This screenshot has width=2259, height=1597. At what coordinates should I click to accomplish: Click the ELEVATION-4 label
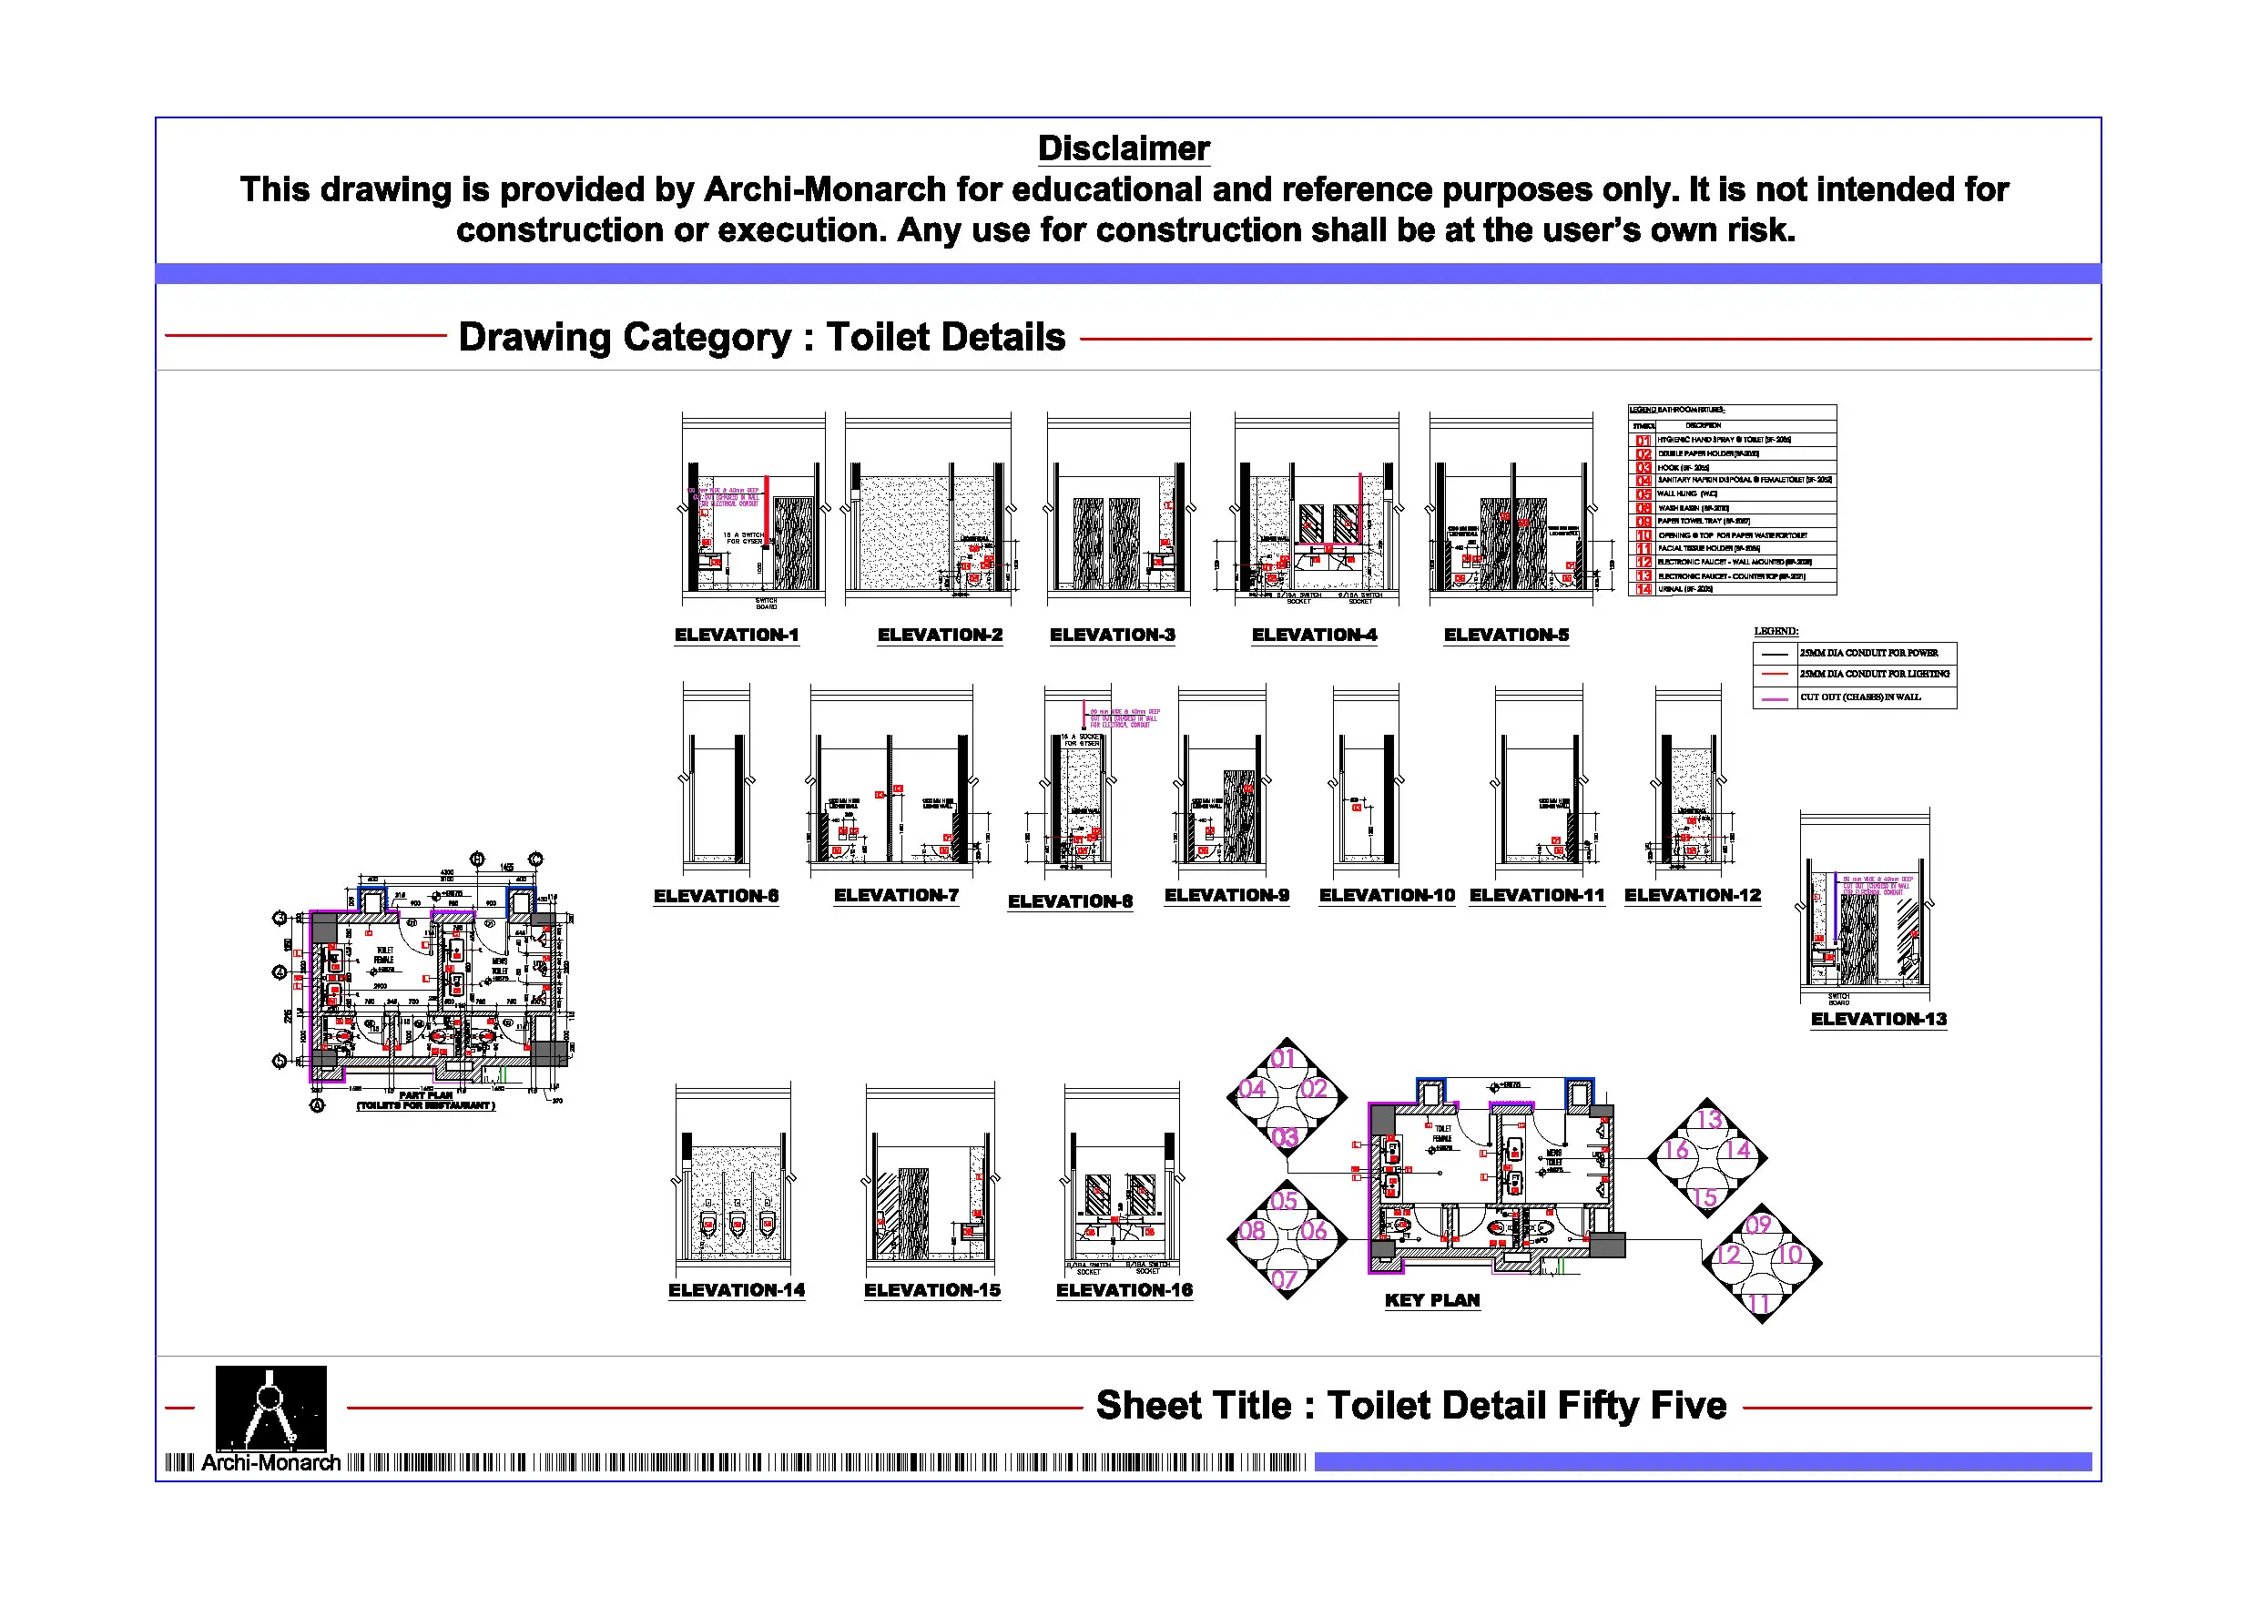coord(1314,635)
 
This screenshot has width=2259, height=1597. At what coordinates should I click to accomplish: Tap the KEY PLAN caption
coord(1431,1300)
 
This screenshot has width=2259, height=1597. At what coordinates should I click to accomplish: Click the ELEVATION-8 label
coord(1070,901)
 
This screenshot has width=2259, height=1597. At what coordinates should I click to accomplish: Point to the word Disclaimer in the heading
coord(1123,148)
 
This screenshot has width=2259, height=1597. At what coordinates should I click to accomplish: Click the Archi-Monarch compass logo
coord(270,1407)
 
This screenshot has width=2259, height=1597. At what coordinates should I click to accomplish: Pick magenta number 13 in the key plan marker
coord(1709,1120)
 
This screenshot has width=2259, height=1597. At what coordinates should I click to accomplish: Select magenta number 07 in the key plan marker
coord(1284,1279)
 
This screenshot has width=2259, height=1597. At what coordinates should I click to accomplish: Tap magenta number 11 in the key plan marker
coord(1759,1304)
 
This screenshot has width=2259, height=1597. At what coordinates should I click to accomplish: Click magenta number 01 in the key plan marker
coord(1283,1059)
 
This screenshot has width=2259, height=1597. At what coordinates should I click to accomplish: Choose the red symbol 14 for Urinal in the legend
coord(1643,589)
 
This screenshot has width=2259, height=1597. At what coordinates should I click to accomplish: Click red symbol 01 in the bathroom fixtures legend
coord(1643,440)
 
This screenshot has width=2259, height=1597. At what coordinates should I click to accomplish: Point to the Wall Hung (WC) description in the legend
coord(1686,494)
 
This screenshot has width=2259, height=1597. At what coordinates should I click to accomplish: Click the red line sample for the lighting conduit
coord(1774,674)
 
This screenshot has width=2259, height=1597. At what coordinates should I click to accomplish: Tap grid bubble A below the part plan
coord(317,1105)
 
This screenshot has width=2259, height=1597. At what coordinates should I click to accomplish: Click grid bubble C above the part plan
coord(535,859)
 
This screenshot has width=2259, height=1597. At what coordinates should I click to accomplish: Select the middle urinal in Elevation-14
coord(737,1225)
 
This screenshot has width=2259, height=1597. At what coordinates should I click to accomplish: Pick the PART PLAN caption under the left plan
coord(425,1094)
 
